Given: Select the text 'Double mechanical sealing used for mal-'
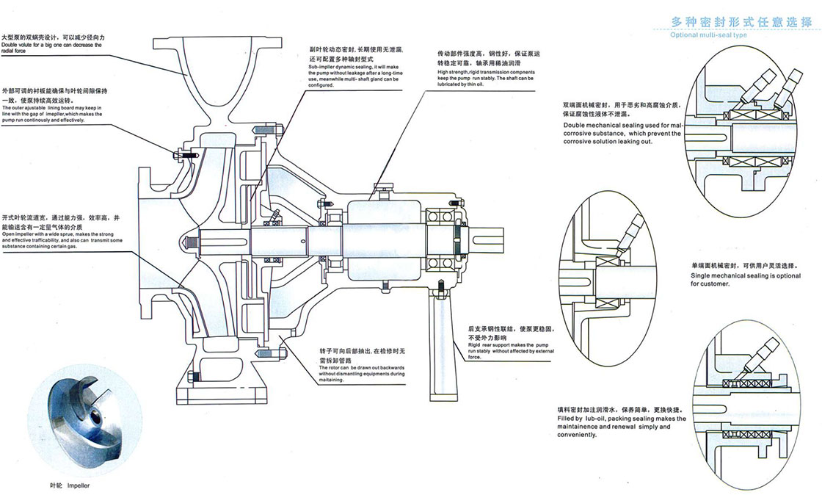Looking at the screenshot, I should point(622,126).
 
